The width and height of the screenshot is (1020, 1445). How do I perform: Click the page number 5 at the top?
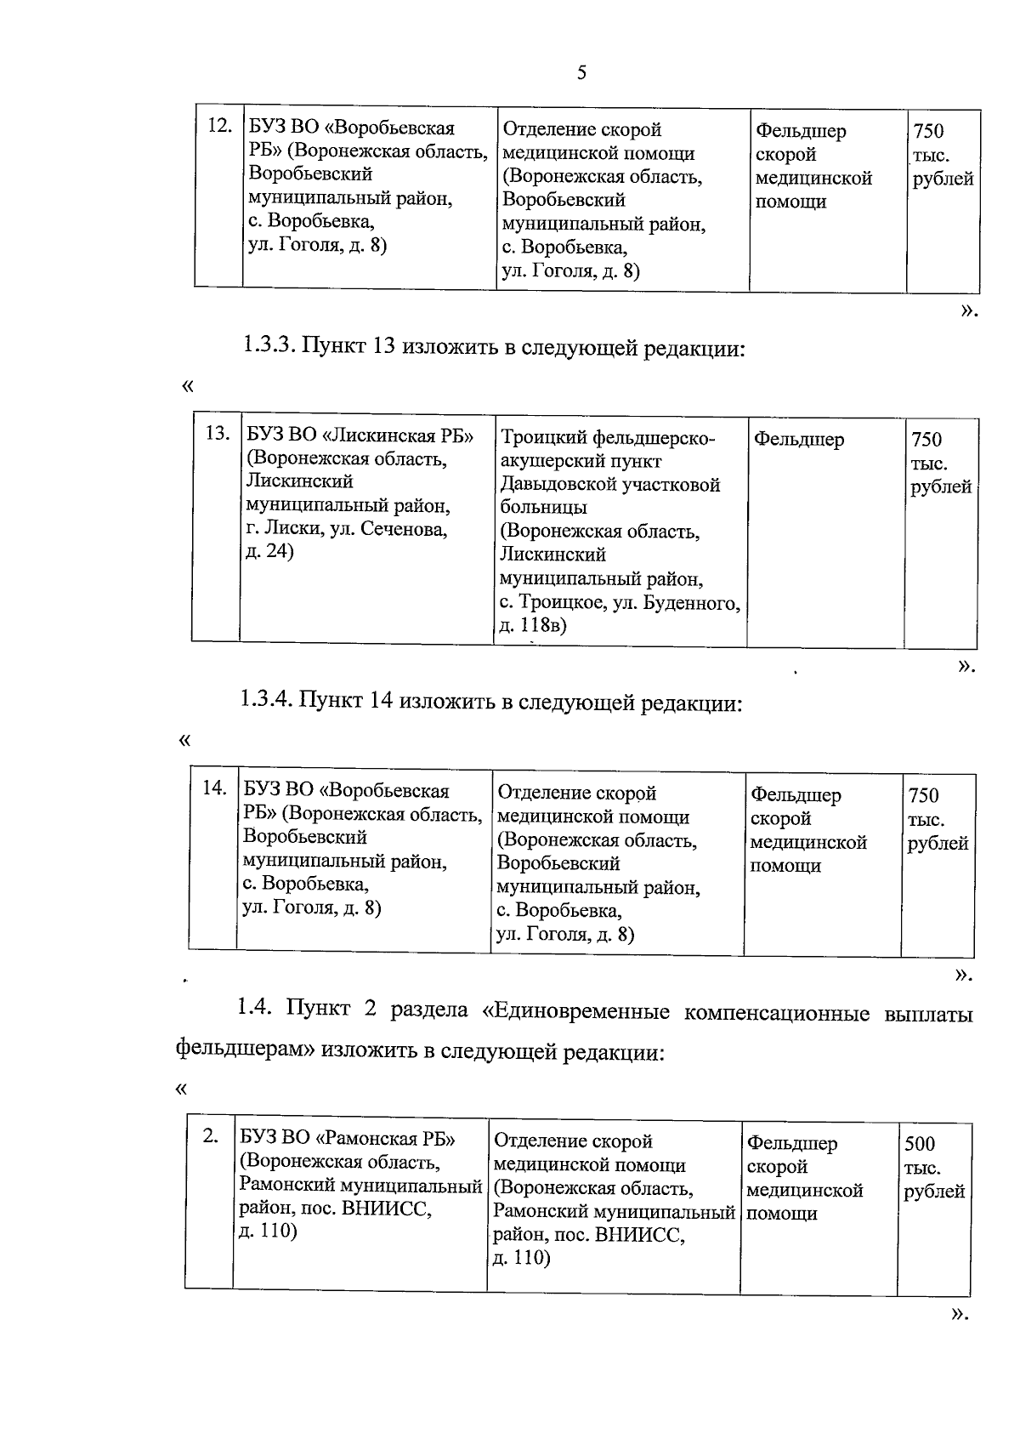[x=581, y=73]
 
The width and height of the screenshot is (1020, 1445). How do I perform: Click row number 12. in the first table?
[x=219, y=126]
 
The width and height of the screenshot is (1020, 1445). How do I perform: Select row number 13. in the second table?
[x=218, y=434]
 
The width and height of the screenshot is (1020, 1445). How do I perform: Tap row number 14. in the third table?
[x=213, y=788]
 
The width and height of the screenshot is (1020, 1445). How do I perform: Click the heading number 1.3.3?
[x=269, y=347]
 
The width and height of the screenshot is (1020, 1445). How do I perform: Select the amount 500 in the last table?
[x=920, y=1144]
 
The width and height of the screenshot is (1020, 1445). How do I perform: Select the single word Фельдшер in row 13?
[x=798, y=440]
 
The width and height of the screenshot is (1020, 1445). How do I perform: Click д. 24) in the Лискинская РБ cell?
[x=269, y=552]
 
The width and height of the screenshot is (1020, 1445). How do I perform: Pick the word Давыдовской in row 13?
[x=556, y=485]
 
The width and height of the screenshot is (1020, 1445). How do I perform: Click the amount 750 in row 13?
[x=926, y=440]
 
